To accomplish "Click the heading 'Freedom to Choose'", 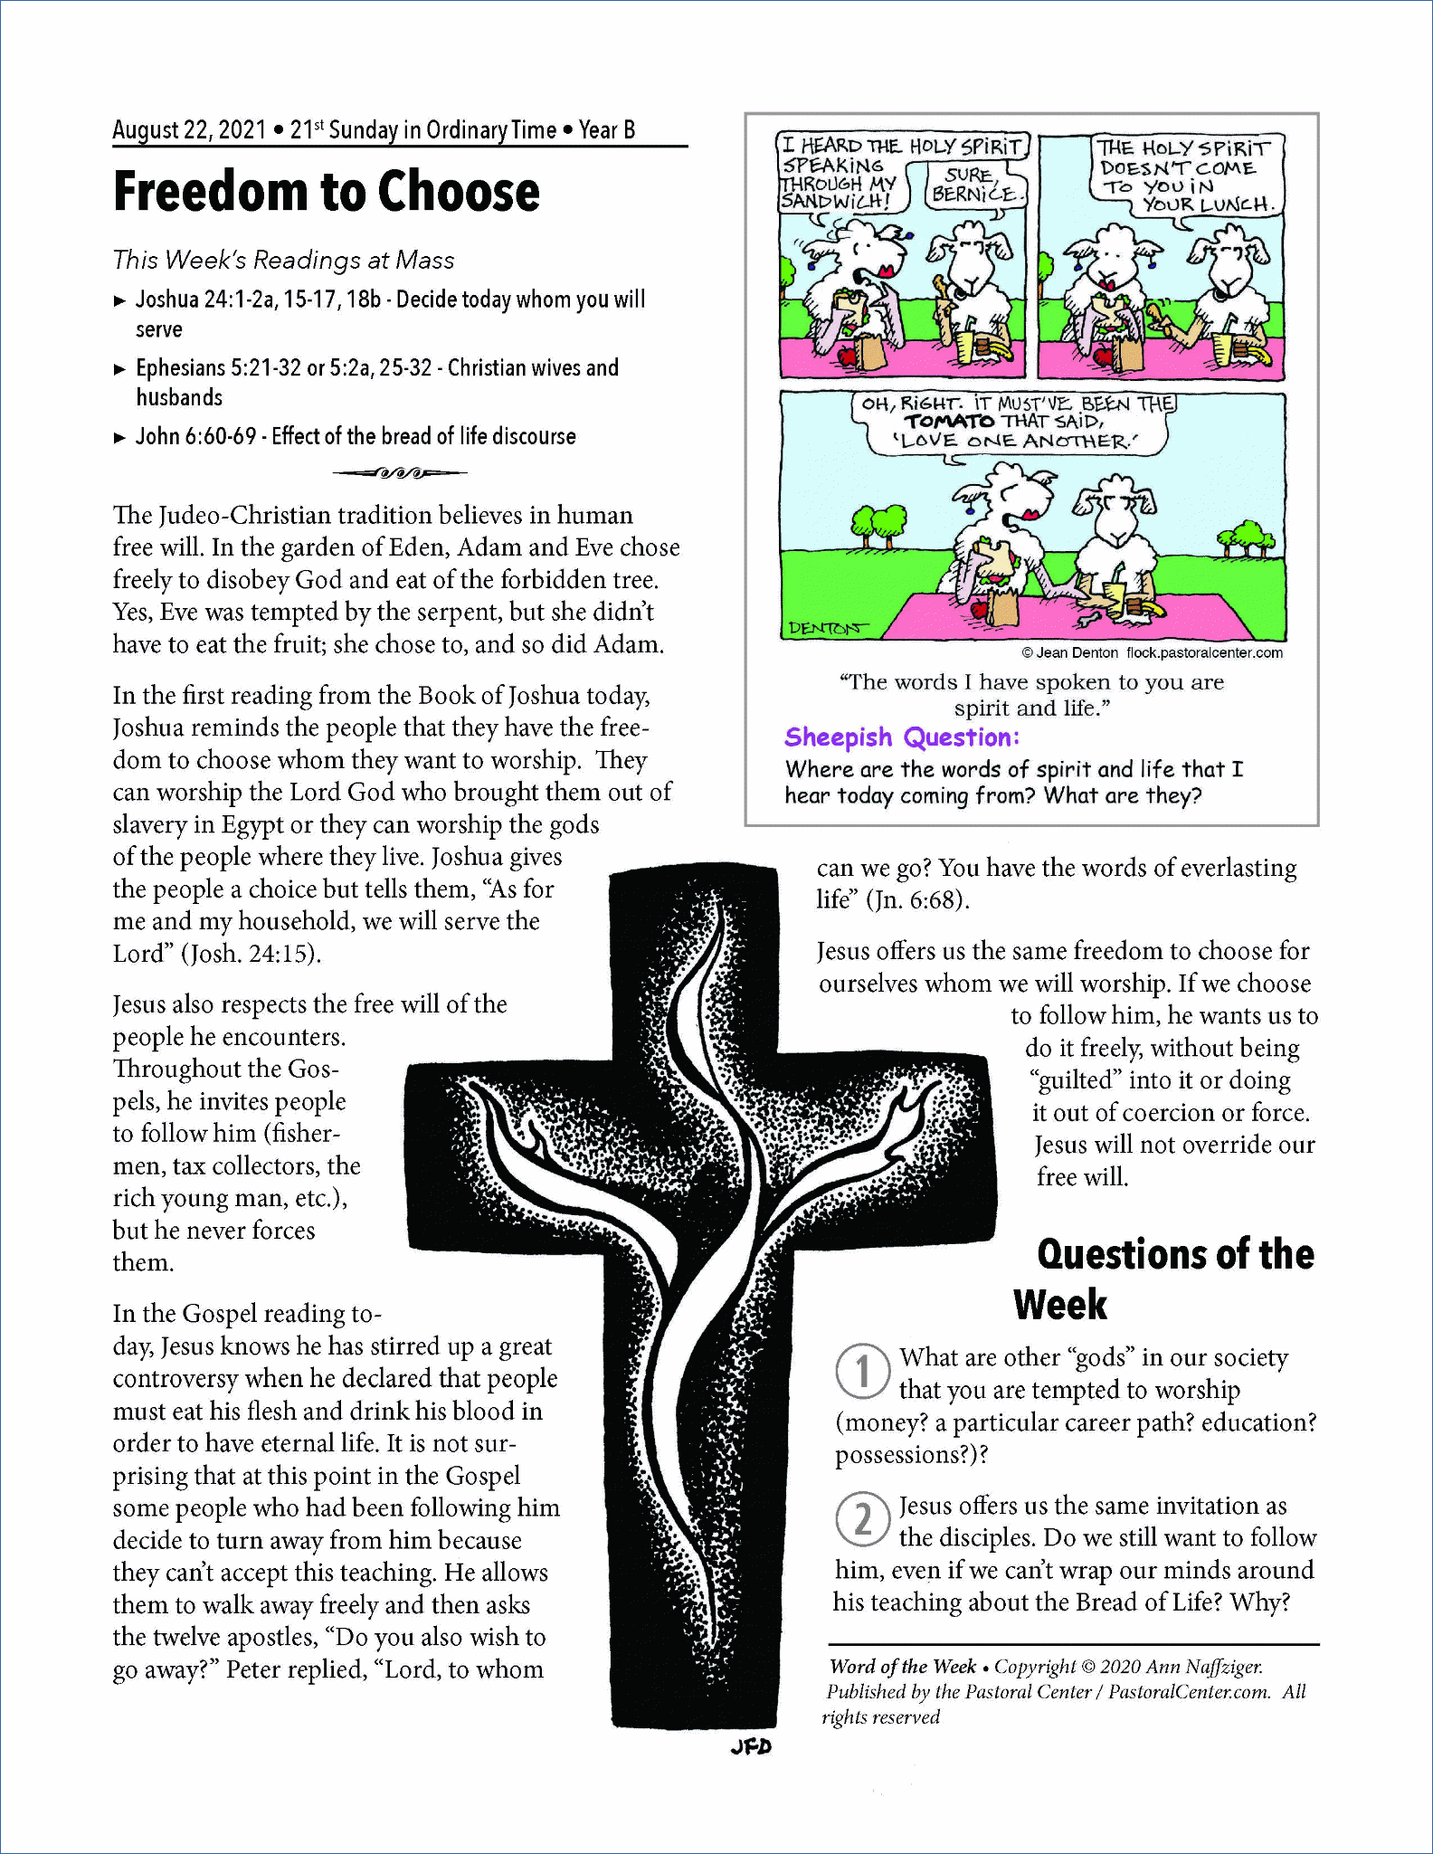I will [x=326, y=192].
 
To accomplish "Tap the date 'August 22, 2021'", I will [x=189, y=130].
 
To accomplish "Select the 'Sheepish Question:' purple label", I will [x=902, y=737].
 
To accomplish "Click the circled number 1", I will [x=863, y=1371].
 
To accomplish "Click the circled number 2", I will [x=863, y=1519].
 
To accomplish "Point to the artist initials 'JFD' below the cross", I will [x=751, y=1746].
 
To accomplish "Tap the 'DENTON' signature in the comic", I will [x=825, y=627].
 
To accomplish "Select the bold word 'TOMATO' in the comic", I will [x=949, y=422].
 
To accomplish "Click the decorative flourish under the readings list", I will [x=399, y=472].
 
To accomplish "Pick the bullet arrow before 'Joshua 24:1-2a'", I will [x=119, y=301].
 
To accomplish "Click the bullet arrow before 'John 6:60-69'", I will [x=119, y=438].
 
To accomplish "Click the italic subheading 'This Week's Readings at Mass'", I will [x=283, y=261].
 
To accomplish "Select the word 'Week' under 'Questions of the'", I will [x=1059, y=1305].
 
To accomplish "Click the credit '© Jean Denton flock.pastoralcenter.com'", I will [x=1152, y=652].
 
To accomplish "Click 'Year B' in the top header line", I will [x=607, y=130].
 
